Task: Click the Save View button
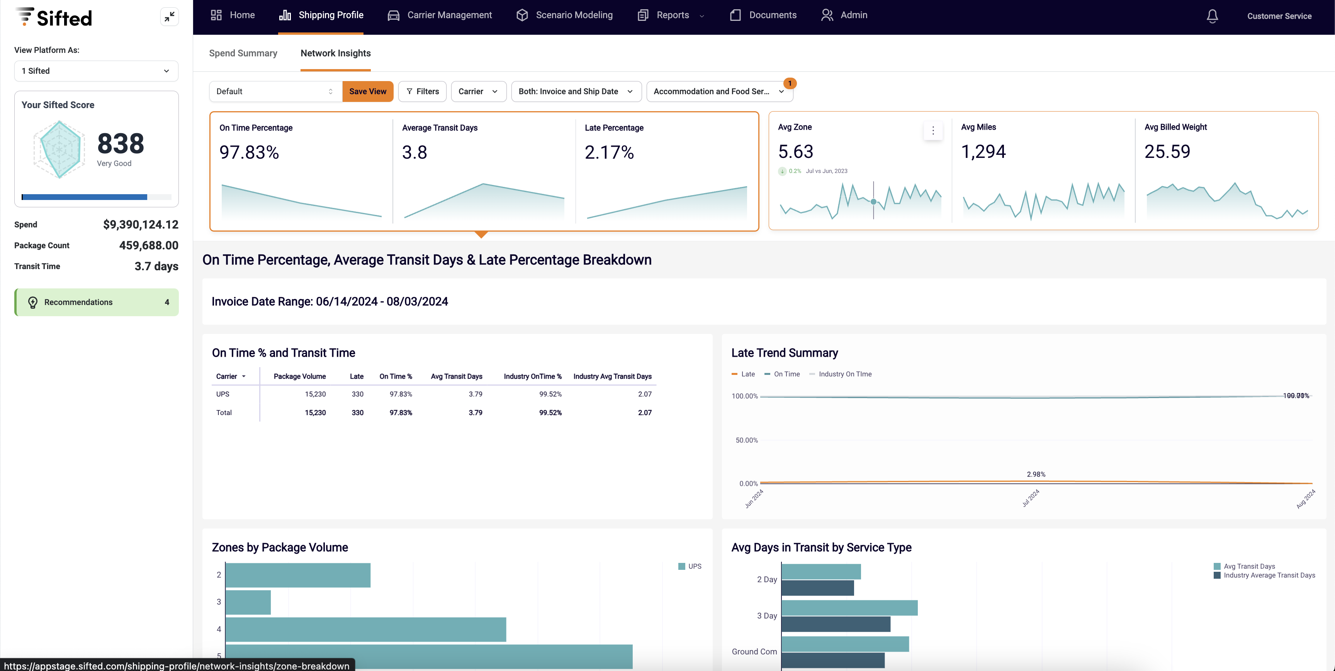click(x=367, y=91)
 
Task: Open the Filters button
click(x=422, y=91)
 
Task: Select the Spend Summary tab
click(x=243, y=53)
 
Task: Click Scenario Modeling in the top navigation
click(x=564, y=15)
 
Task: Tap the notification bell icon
click(x=1212, y=16)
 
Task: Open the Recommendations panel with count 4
click(x=97, y=302)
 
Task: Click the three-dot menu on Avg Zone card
click(x=933, y=130)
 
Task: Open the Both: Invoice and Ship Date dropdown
click(x=576, y=91)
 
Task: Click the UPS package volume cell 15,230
click(x=315, y=394)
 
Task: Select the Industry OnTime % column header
click(x=532, y=376)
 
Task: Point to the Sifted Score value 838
click(x=120, y=144)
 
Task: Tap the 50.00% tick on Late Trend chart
click(x=746, y=440)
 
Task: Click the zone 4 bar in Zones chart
click(x=365, y=629)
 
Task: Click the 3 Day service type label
click(x=766, y=615)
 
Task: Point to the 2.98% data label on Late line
click(x=1036, y=474)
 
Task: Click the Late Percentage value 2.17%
click(x=609, y=152)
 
